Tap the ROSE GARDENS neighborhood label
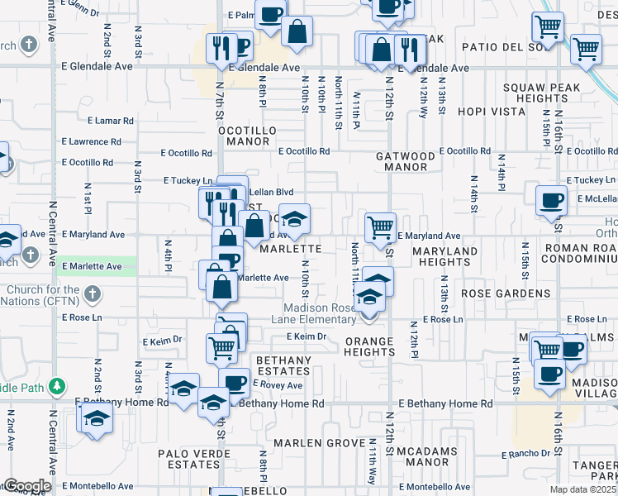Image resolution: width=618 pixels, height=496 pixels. tap(506, 293)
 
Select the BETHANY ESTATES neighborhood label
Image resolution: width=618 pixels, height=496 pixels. tap(283, 366)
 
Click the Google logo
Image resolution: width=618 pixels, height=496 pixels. tap(26, 486)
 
